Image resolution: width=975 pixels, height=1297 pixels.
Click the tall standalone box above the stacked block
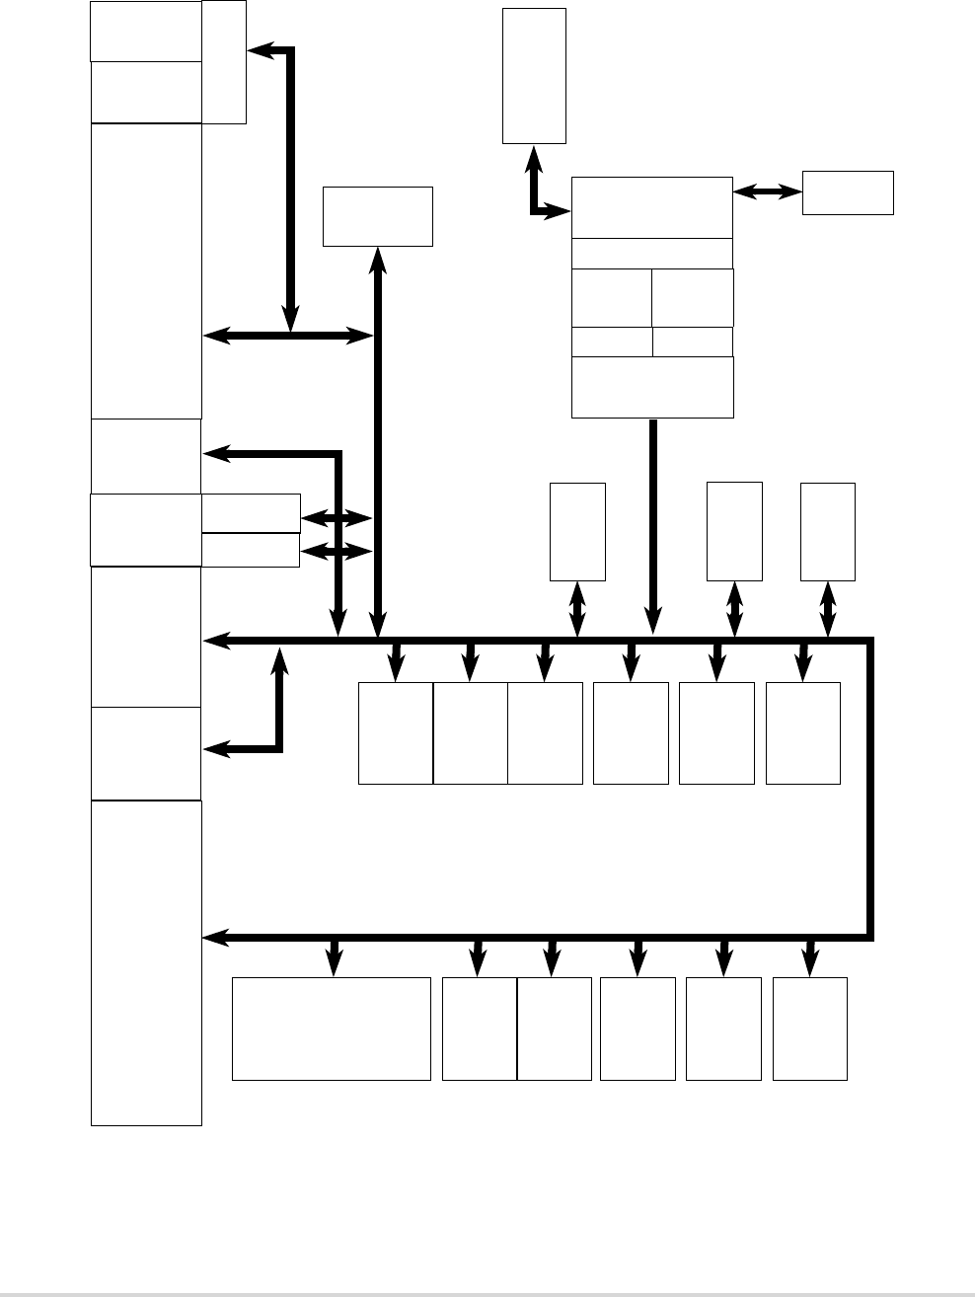tap(534, 76)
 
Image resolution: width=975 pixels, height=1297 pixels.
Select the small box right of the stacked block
tap(848, 192)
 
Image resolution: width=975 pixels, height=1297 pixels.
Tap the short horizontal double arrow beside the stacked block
tap(768, 193)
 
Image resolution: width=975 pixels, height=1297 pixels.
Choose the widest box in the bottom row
tap(331, 1029)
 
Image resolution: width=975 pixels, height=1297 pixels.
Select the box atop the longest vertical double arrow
tap(378, 216)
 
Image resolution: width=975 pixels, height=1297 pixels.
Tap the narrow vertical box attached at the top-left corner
tap(224, 62)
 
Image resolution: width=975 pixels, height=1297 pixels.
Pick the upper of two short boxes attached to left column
tap(251, 513)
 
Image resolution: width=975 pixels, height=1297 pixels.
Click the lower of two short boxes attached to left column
tap(251, 550)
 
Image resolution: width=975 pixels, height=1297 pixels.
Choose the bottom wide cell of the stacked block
tap(652, 387)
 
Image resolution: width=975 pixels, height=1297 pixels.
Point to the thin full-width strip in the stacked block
tap(652, 253)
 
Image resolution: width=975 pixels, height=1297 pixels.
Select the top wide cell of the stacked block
tap(652, 207)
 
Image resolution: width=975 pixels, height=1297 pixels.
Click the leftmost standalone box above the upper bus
tap(577, 531)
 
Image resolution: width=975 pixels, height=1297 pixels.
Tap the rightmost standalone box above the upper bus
tap(828, 531)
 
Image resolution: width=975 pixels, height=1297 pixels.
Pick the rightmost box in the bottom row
tap(810, 1029)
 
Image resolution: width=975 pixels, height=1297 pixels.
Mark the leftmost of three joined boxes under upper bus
tap(395, 732)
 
